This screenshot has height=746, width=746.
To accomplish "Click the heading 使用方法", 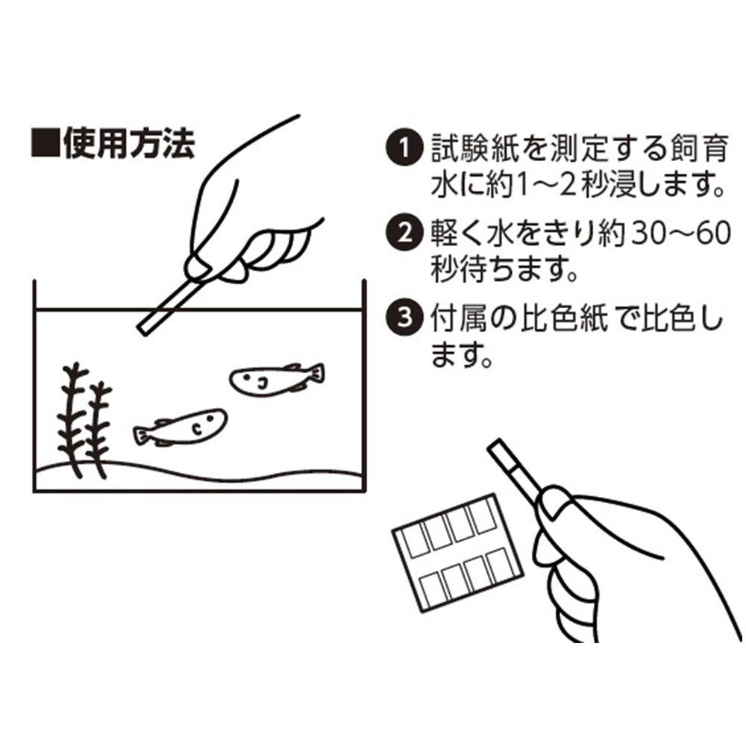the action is [x=129, y=142].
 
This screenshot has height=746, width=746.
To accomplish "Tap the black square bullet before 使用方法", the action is [x=46, y=142].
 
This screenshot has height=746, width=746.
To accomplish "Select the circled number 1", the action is [x=404, y=148].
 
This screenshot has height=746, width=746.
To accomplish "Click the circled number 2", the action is [x=404, y=233].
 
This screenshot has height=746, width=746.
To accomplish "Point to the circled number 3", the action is [x=404, y=317].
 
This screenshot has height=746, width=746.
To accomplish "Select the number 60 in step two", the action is [x=711, y=233].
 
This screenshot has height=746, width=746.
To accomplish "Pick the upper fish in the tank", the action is [x=276, y=379].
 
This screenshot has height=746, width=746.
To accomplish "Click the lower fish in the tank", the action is [x=180, y=427].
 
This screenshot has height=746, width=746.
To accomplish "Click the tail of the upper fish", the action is [x=316, y=372].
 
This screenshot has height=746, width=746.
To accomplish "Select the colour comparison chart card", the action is [x=458, y=552].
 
